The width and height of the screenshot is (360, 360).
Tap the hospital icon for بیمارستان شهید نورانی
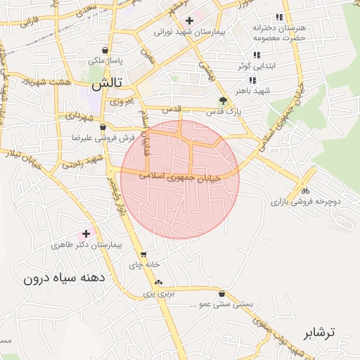coord(189,20)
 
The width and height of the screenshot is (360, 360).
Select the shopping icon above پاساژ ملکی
coord(105,51)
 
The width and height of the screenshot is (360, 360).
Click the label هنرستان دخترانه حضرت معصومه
coord(279,32)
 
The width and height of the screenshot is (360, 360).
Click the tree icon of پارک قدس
coord(223,101)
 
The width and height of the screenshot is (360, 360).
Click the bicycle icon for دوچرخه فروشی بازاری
coord(304,190)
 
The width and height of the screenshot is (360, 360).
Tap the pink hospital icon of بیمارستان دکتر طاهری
coord(86,233)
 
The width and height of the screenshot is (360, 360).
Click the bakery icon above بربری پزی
coord(158,282)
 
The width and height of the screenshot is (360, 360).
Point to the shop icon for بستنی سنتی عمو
coord(222,294)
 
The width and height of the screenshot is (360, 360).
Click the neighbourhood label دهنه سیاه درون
coord(64,278)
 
